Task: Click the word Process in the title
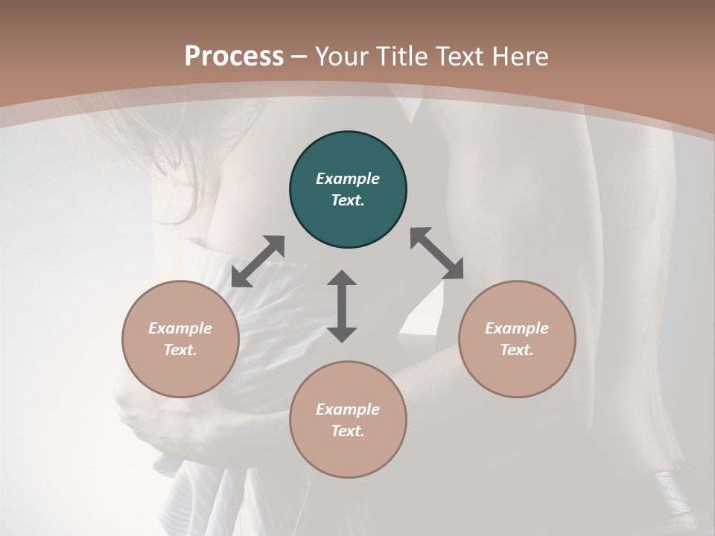tap(234, 57)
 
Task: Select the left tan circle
tap(180, 372)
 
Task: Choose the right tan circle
tap(517, 372)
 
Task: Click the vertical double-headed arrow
tap(342, 306)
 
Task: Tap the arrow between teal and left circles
tap(258, 261)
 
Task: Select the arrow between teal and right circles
tap(436, 253)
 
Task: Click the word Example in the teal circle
tap(348, 179)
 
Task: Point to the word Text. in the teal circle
tap(348, 200)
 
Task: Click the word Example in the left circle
tap(180, 328)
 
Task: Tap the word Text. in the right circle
tap(517, 350)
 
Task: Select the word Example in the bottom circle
tap(348, 409)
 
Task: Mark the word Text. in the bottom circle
tap(348, 431)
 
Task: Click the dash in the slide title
tap(299, 57)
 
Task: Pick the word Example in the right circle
tap(517, 328)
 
